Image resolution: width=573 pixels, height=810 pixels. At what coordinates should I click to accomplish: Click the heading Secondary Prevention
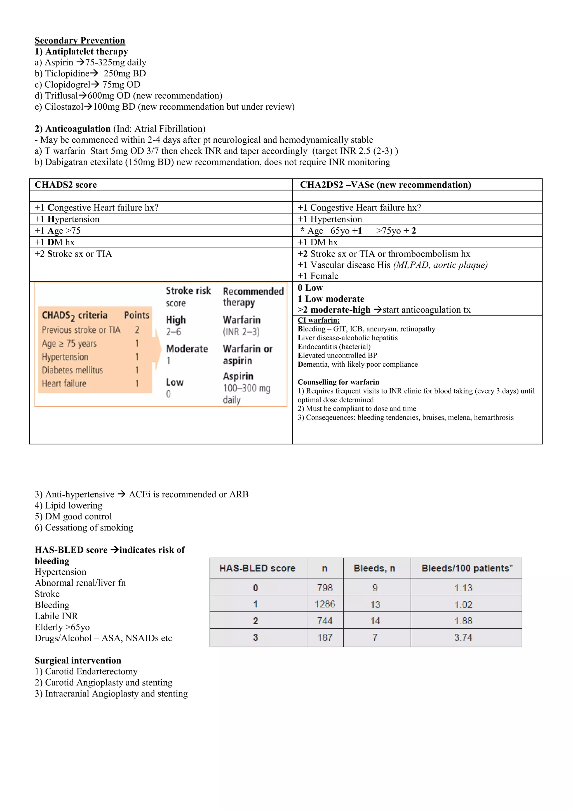tap(80, 41)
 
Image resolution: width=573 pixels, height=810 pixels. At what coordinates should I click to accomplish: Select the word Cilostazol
tap(64, 107)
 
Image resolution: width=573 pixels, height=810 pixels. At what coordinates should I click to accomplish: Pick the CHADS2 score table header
tap(66, 185)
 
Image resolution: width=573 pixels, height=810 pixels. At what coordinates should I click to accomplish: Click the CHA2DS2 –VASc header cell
tap(385, 185)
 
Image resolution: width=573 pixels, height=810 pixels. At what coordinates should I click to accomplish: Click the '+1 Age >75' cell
tap(58, 231)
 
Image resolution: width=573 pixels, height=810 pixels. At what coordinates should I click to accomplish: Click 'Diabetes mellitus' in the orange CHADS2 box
tap(72, 370)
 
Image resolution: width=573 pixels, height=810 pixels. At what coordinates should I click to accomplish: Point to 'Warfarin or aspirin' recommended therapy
tap(247, 355)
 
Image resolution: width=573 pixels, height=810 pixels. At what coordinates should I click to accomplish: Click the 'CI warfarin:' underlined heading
tap(319, 320)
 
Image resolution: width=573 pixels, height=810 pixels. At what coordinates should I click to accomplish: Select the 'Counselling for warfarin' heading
tap(338, 382)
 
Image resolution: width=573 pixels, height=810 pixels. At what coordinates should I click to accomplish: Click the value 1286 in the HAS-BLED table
tap(325, 604)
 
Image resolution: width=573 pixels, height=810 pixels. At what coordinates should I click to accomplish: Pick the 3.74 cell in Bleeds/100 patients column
tap(463, 637)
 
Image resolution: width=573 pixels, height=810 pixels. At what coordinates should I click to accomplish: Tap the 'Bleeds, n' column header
tap(374, 568)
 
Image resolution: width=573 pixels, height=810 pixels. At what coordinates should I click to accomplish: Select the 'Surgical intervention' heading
tap(78, 661)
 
